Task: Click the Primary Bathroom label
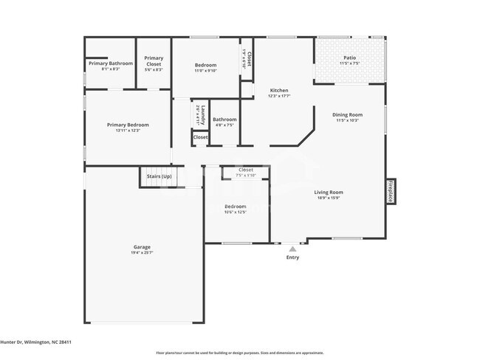111,63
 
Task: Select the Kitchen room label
278,90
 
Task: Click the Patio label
349,58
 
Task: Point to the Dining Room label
347,114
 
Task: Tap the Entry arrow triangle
292,249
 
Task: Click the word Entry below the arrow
292,257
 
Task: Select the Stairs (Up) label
160,177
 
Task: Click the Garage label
142,246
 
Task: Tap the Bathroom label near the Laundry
224,120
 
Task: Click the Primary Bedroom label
128,125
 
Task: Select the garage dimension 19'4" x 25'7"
142,252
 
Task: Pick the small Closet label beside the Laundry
200,137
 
